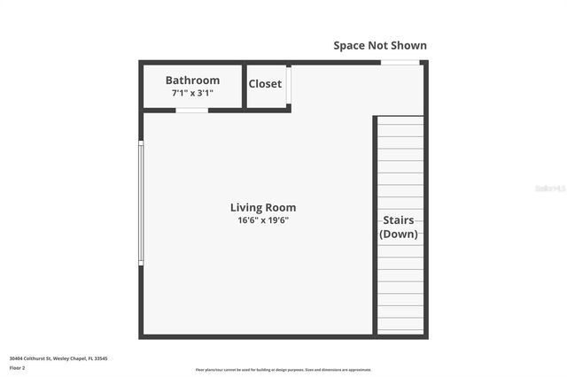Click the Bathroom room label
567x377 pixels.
pyautogui.click(x=192, y=81)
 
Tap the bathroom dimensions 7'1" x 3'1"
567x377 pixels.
pyautogui.click(x=192, y=93)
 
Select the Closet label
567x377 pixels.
pyautogui.click(x=265, y=84)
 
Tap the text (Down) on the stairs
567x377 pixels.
pyautogui.click(x=399, y=235)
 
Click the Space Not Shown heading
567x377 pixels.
pyautogui.click(x=379, y=45)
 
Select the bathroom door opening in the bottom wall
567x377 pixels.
pyautogui.click(x=191, y=110)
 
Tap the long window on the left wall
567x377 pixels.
pyautogui.click(x=141, y=203)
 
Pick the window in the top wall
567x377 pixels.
pyautogui.click(x=400, y=62)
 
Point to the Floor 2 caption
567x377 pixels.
pyautogui.click(x=17, y=367)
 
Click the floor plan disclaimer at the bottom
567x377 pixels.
pyautogui.click(x=283, y=370)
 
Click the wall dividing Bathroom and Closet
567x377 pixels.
pyautogui.click(x=244, y=86)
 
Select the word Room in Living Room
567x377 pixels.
pyautogui.click(x=278, y=208)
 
